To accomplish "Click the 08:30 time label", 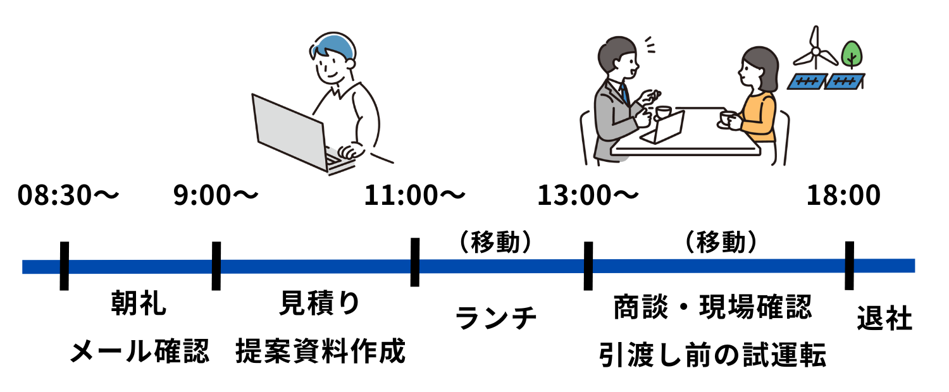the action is coord(68,195).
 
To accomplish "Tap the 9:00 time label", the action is coord(216,195).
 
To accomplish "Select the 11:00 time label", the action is coord(415,195).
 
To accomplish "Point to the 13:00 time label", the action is coord(588,195).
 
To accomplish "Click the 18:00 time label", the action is coord(843,195).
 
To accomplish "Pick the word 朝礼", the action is coord(139,303).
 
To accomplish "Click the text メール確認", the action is coord(140,351).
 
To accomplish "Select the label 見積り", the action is coord(320,303).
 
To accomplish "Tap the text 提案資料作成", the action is coord(320,351).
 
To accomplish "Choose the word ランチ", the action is coord(495,317).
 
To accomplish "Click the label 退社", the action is coord(884,318).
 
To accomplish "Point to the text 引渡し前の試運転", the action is coord(712,355).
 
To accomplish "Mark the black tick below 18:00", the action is coord(849,266).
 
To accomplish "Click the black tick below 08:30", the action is coord(65,266).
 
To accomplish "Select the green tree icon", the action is coord(852,55).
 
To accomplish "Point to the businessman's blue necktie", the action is coord(624,93).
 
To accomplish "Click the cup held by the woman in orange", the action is coord(728,118).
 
